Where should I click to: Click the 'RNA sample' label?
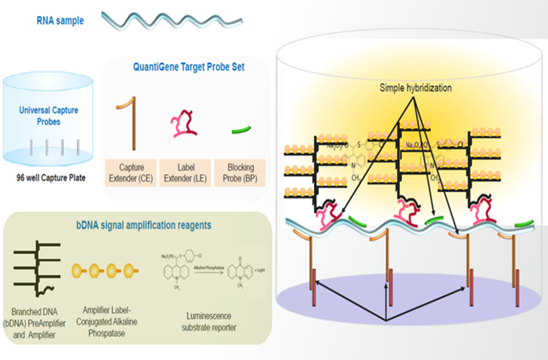(x=60, y=21)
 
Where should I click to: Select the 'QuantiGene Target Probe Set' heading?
(x=189, y=68)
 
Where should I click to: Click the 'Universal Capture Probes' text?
(x=48, y=116)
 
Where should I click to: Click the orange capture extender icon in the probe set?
(x=131, y=124)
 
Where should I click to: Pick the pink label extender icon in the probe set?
(x=185, y=124)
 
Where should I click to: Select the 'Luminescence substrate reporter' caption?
(x=209, y=322)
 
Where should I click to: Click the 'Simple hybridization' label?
(x=415, y=88)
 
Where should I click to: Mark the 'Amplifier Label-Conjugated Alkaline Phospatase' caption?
(x=110, y=322)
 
